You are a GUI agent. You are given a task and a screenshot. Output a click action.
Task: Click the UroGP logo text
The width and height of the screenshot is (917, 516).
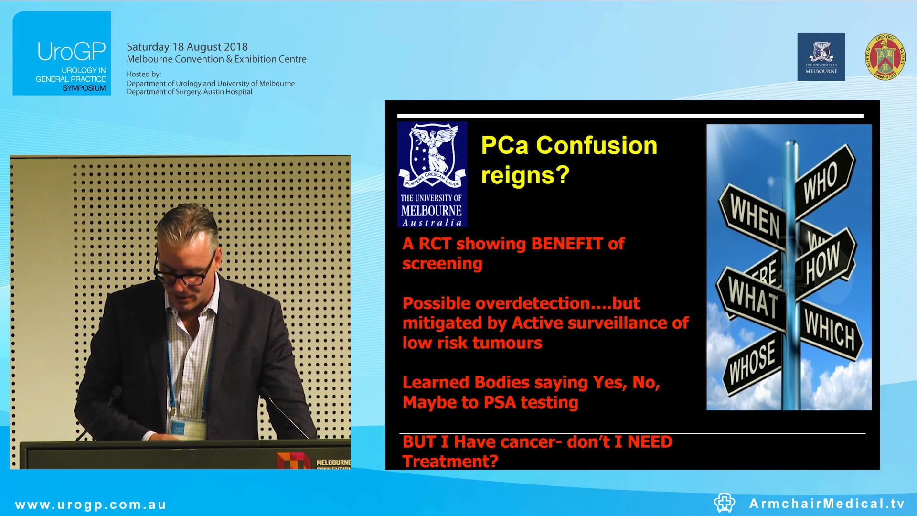pyautogui.click(x=71, y=52)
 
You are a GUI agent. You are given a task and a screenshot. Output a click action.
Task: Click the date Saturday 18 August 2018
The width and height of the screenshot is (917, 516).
pyautogui.click(x=187, y=47)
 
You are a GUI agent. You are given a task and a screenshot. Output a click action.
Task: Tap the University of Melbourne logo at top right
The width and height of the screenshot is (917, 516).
pyautogui.click(x=821, y=57)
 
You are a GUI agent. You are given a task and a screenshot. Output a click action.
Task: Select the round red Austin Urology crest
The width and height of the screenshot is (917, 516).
pyautogui.click(x=885, y=57)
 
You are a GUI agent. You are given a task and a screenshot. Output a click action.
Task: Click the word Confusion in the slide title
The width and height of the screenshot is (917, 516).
pyautogui.click(x=597, y=145)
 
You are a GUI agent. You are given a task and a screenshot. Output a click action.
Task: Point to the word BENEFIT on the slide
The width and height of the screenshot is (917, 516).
pyautogui.click(x=566, y=244)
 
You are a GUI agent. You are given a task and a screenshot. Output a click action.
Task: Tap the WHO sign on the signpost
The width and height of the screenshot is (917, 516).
pyautogui.click(x=821, y=182)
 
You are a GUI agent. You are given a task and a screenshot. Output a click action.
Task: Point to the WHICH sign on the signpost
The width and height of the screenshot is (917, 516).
pyautogui.click(x=830, y=330)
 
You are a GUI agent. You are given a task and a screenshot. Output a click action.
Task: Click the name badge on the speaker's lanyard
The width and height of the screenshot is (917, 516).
pyautogui.click(x=186, y=428)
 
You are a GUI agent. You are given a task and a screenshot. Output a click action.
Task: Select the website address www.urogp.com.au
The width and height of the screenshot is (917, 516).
pyautogui.click(x=90, y=505)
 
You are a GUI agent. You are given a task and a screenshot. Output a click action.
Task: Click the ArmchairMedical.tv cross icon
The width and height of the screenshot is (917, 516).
pyautogui.click(x=724, y=503)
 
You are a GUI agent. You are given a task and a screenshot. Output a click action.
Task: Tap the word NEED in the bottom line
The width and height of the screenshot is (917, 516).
pyautogui.click(x=650, y=442)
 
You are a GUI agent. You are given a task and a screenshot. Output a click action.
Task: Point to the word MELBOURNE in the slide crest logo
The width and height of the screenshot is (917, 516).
pyautogui.click(x=431, y=211)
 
